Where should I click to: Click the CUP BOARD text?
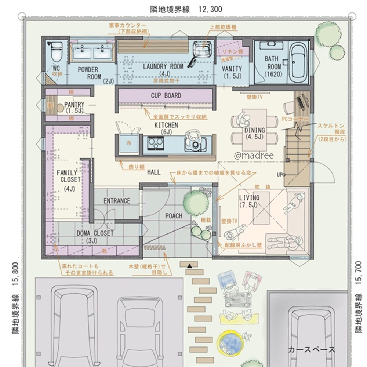[166, 96]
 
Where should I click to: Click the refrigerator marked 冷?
[129, 142]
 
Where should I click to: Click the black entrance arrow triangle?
[189, 265]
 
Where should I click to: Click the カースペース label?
[311, 349]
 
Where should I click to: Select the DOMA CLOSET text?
[95, 233]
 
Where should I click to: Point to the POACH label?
[174, 216]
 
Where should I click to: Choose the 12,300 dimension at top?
[210, 9]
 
